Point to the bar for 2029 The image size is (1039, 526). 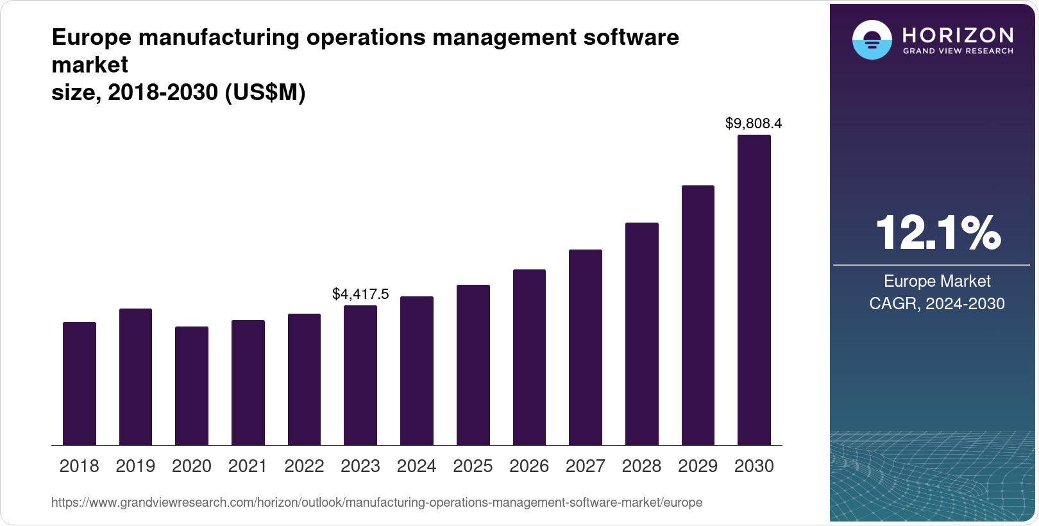pyautogui.click(x=698, y=315)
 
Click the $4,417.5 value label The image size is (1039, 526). pyautogui.click(x=360, y=294)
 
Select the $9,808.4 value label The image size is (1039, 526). pyautogui.click(x=754, y=123)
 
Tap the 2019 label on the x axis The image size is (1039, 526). pyautogui.click(x=135, y=466)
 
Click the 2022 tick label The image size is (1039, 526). pyautogui.click(x=304, y=466)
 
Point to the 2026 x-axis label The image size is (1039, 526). pyautogui.click(x=529, y=466)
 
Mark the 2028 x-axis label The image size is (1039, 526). pyautogui.click(x=641, y=466)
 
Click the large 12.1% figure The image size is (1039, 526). pyautogui.click(x=937, y=233)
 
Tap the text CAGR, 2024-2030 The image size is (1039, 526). pyautogui.click(x=936, y=303)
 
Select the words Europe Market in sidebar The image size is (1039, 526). pyautogui.click(x=937, y=282)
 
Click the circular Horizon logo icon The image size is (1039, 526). pyautogui.click(x=872, y=40)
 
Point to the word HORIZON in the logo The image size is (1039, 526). pyautogui.click(x=958, y=35)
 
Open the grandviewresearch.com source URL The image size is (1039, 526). pyautogui.click(x=376, y=503)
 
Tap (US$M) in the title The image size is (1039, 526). pyautogui.click(x=265, y=93)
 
